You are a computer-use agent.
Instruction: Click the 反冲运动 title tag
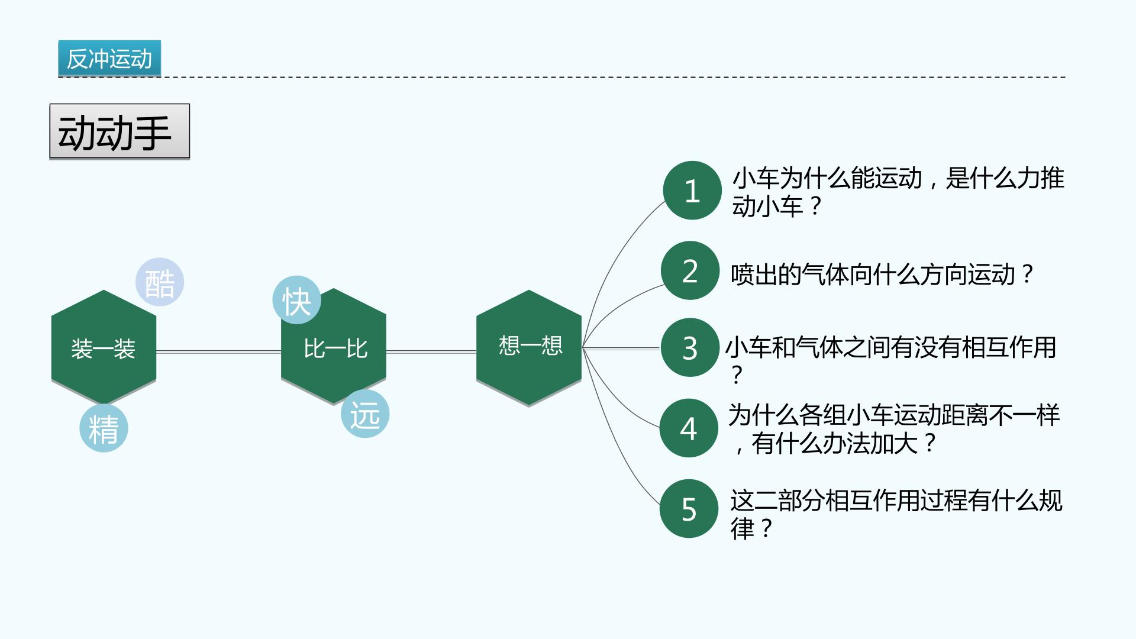click(109, 59)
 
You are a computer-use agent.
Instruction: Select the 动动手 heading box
click(120, 131)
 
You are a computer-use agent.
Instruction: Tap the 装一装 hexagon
click(104, 348)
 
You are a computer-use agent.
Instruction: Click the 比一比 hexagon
click(334, 348)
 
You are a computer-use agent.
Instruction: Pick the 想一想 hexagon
click(529, 348)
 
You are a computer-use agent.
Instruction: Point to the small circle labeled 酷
click(160, 282)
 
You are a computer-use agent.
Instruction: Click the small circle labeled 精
click(104, 428)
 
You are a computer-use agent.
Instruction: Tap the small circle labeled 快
click(296, 300)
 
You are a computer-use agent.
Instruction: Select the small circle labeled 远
click(365, 414)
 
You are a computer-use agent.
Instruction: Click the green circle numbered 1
click(692, 191)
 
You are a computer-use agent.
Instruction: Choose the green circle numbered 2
click(690, 270)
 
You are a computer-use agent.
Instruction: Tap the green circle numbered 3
click(690, 347)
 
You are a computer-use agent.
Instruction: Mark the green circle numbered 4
click(689, 428)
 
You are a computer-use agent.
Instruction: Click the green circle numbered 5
click(689, 508)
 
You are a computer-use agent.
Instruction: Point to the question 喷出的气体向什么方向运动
click(873, 275)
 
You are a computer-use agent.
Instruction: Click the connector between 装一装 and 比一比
click(219, 352)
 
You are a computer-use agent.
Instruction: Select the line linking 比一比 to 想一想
click(431, 352)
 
